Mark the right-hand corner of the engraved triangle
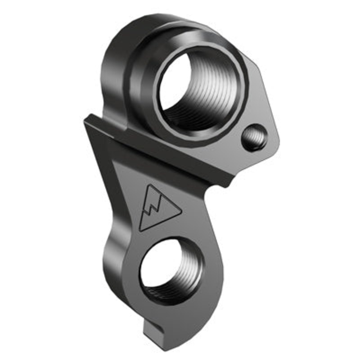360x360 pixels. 181,211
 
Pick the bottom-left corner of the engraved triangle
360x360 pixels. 140,230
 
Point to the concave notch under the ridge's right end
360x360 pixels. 211,191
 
